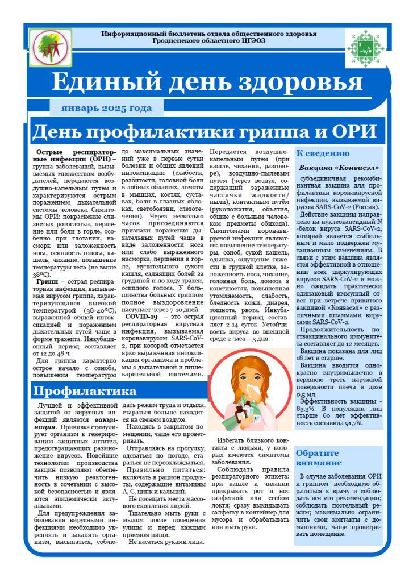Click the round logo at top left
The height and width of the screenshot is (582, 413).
pos(51,47)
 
